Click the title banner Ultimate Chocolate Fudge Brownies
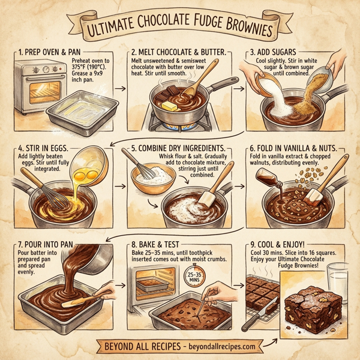(180, 27)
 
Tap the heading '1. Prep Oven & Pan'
(50, 52)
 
